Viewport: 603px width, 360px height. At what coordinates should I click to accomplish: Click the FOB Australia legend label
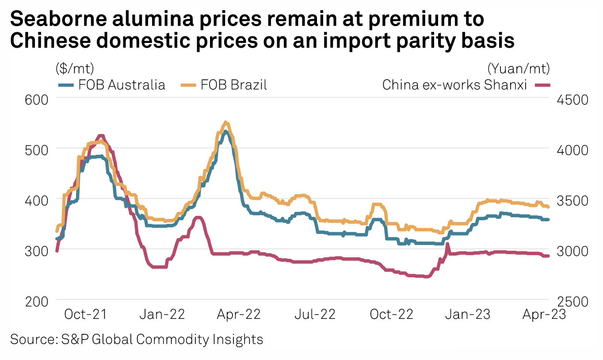click(122, 84)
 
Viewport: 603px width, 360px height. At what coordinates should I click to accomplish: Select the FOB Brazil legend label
click(234, 84)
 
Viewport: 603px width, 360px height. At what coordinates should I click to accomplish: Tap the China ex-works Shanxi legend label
click(454, 84)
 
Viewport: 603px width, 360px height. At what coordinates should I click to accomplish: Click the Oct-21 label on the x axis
click(85, 314)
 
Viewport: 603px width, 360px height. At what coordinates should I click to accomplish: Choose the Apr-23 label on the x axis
click(543, 314)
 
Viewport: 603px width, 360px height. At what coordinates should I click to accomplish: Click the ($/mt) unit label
click(75, 69)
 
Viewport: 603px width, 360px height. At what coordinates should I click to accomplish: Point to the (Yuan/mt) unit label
click(519, 69)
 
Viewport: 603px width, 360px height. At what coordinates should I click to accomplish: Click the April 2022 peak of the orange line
click(225, 122)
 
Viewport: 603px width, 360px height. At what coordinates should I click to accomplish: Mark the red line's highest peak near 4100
click(101, 136)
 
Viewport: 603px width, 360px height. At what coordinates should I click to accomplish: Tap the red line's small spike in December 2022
click(447, 244)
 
